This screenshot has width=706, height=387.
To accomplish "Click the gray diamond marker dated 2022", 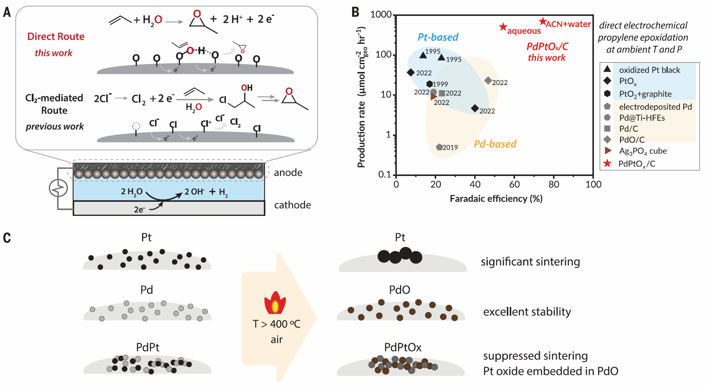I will click(488, 80).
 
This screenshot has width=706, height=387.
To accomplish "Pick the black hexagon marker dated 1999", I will click(430, 84).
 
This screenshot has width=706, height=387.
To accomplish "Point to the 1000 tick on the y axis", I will click(381, 14).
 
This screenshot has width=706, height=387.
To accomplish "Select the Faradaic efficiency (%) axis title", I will click(496, 198).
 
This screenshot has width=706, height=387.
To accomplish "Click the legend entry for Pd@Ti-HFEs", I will click(642, 118).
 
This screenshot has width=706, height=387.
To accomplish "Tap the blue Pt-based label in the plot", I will click(438, 37).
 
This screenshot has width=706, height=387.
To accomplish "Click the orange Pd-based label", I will click(495, 144).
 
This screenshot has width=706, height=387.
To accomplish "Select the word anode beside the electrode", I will click(288, 172).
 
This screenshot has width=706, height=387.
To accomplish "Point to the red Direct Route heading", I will click(56, 36).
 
